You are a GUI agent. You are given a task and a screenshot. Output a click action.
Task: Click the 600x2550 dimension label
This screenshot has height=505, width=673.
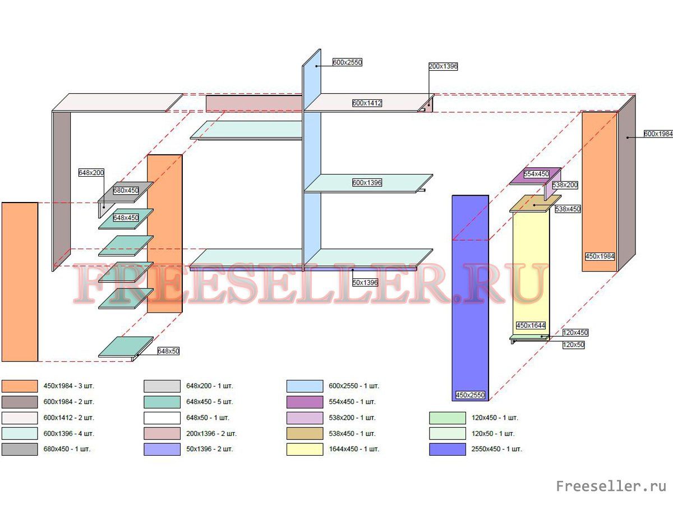click(347, 63)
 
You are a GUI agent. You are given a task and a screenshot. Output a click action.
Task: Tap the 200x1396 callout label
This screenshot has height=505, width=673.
click(443, 66)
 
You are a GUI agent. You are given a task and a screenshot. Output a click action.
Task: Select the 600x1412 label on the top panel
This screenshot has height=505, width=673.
click(367, 103)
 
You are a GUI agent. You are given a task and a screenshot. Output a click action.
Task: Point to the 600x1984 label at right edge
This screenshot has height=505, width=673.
click(658, 134)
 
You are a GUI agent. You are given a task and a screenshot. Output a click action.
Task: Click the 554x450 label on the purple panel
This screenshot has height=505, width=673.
click(536, 174)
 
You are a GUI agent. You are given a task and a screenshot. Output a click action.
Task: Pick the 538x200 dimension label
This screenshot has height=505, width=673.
click(565, 185)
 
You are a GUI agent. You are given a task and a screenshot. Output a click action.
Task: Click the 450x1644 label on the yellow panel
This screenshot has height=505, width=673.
click(531, 325)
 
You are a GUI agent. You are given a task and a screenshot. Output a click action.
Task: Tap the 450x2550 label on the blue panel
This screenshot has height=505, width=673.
click(470, 395)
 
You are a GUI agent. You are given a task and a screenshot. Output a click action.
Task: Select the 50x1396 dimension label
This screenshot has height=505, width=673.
click(365, 283)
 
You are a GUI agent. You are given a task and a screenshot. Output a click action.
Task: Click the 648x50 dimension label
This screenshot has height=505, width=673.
click(168, 351)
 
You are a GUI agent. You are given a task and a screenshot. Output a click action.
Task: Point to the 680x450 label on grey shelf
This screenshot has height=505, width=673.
click(126, 190)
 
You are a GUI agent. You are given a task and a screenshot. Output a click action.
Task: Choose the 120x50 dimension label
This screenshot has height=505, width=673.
click(573, 345)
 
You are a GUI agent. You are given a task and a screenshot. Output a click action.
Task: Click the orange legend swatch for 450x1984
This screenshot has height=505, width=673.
click(20, 386)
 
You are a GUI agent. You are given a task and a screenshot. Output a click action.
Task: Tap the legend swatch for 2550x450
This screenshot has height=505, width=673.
click(448, 449)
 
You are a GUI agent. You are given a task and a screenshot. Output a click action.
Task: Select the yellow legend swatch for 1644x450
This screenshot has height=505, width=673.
click(305, 449)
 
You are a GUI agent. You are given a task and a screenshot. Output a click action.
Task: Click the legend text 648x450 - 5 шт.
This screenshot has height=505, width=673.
click(209, 402)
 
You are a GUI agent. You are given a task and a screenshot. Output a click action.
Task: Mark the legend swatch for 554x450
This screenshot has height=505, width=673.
click(305, 402)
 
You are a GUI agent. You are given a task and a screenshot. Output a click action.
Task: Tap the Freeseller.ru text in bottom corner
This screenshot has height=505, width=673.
click(611, 486)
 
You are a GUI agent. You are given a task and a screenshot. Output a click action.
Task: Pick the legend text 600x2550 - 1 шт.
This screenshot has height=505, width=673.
click(354, 386)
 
